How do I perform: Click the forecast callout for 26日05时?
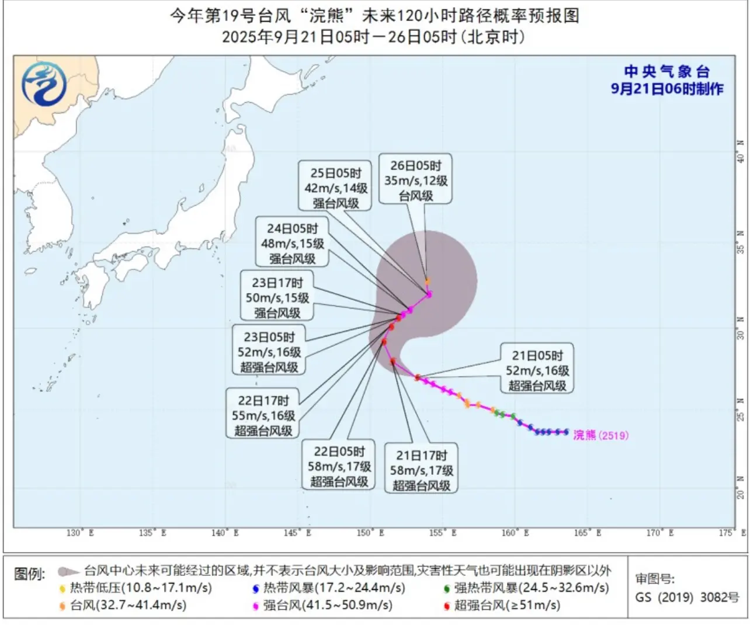pyautogui.click(x=415, y=180)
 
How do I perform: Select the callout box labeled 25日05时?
pyautogui.click(x=336, y=187)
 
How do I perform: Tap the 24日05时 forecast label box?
pyautogui.click(x=292, y=243)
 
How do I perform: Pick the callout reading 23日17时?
pyautogui.click(x=277, y=297)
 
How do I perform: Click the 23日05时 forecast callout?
pyautogui.click(x=269, y=352)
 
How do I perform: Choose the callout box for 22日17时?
pyautogui.click(x=263, y=415)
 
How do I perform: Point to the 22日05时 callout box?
pyautogui.click(x=339, y=466)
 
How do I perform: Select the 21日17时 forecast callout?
pyautogui.click(x=421, y=470)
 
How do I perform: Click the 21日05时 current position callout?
pyautogui.click(x=537, y=370)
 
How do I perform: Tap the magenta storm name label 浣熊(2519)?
pyautogui.click(x=600, y=435)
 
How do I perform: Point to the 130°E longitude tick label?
pyautogui.click(x=80, y=533)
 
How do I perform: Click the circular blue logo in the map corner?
pyautogui.click(x=44, y=84)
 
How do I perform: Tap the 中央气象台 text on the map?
pyautogui.click(x=666, y=72)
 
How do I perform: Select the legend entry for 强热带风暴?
pyautogui.click(x=526, y=588)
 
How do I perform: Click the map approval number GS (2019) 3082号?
pyautogui.click(x=687, y=597)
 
